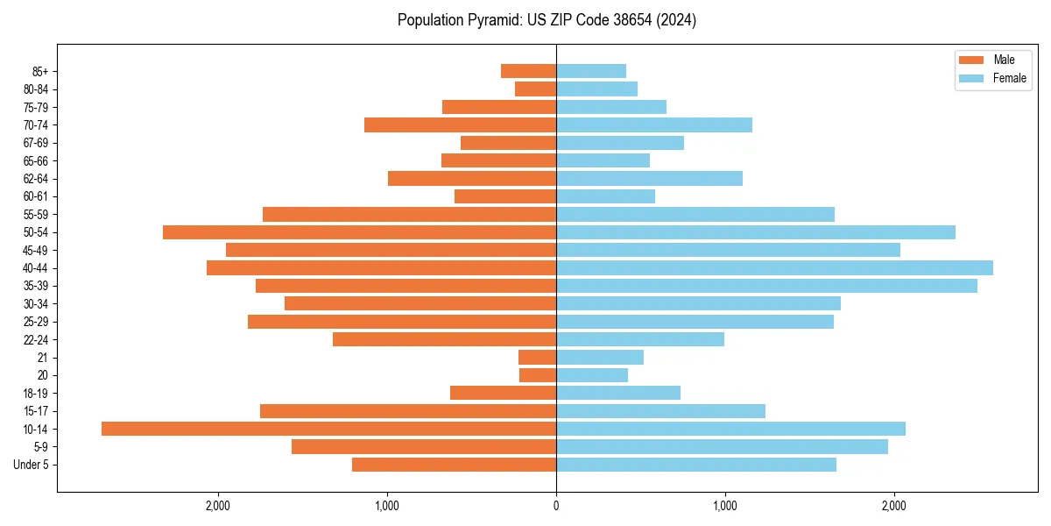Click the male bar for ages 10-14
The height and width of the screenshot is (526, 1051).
[328, 429]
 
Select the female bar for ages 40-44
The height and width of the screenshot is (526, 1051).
[774, 267]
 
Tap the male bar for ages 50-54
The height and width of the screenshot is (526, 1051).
[359, 232]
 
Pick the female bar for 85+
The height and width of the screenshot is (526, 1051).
[591, 71]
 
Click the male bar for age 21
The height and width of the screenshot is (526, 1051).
[537, 357]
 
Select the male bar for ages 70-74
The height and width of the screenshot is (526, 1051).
[460, 124]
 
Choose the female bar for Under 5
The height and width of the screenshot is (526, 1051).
[696, 465]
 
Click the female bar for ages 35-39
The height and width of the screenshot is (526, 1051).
[766, 286]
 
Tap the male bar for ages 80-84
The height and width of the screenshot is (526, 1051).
[535, 89]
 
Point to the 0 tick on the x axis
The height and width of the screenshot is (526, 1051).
[556, 506]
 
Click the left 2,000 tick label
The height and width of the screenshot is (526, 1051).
[217, 506]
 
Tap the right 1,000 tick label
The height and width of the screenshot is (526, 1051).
[724, 506]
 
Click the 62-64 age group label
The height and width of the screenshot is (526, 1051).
[36, 179]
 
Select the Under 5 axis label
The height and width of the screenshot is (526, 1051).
[31, 465]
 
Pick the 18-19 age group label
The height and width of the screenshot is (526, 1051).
[36, 393]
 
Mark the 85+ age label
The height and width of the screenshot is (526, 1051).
[40, 71]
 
